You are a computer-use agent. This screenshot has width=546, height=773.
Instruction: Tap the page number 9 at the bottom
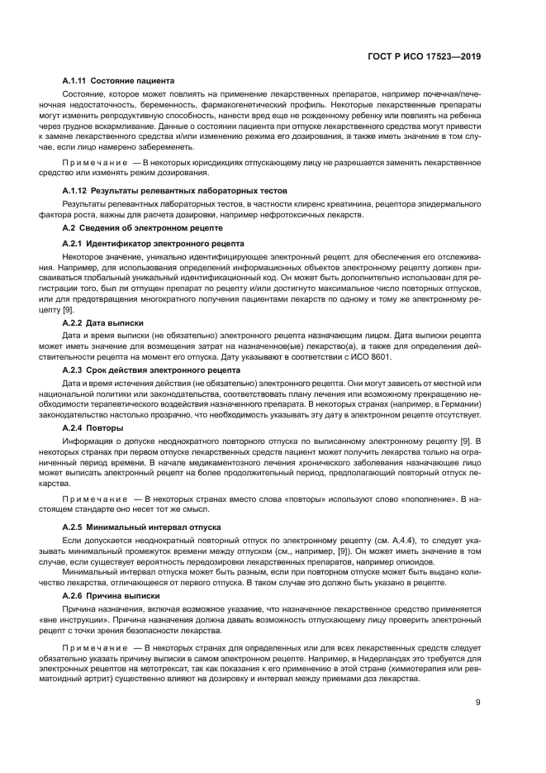(478, 704)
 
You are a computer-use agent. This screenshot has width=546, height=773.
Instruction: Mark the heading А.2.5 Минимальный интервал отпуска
(140, 526)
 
